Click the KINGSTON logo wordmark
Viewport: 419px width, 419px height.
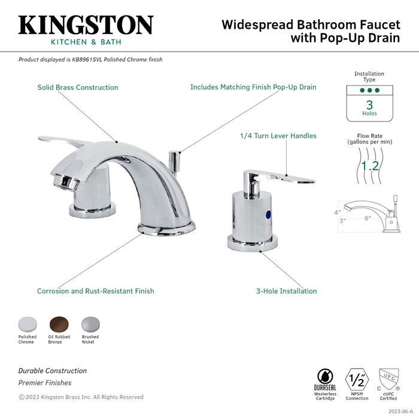pos(86,25)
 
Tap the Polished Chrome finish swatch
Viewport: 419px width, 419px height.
pos(27,324)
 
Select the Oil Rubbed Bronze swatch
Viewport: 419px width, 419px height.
pos(59,324)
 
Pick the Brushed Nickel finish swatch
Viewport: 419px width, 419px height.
pos(90,324)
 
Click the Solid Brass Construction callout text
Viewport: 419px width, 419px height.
pos(78,87)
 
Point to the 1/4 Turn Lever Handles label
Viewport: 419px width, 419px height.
pos(278,136)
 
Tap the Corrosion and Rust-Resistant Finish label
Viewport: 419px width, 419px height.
pos(96,292)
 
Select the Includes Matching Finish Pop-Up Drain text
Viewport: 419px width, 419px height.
pos(253,87)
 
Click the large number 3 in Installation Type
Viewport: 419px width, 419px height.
pos(369,104)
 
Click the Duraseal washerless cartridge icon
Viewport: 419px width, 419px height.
pos(326,377)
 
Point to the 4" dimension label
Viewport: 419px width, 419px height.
pos(338,211)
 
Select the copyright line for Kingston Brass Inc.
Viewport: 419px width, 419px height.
pos(81,397)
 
